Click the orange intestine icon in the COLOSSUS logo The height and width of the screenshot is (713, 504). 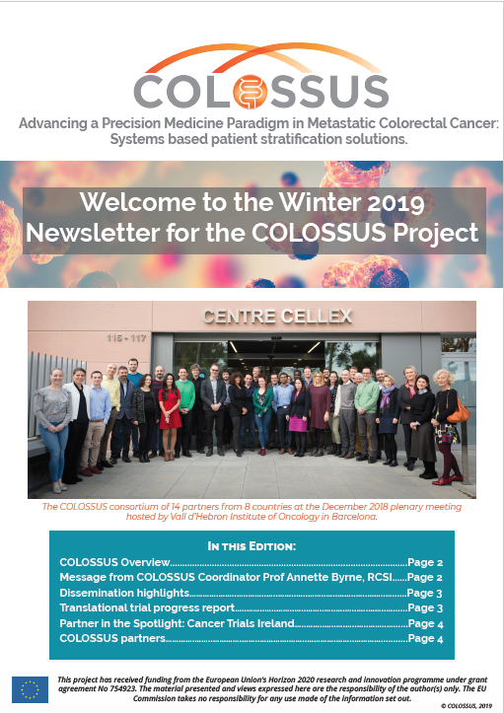click(x=250, y=93)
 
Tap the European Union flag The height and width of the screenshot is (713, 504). click(x=30, y=689)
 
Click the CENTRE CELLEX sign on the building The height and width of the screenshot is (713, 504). click(x=277, y=316)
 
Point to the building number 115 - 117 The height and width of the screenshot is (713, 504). click(x=126, y=338)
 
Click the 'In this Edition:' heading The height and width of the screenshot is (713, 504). click(x=252, y=545)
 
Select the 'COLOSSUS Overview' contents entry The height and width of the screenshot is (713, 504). click(x=114, y=562)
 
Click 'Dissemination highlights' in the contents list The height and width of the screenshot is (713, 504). click(x=124, y=593)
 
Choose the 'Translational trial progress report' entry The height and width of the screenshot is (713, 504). click(x=147, y=607)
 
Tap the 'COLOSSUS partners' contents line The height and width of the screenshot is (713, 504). click(x=112, y=638)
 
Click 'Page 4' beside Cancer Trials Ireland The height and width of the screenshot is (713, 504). click(x=425, y=623)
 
